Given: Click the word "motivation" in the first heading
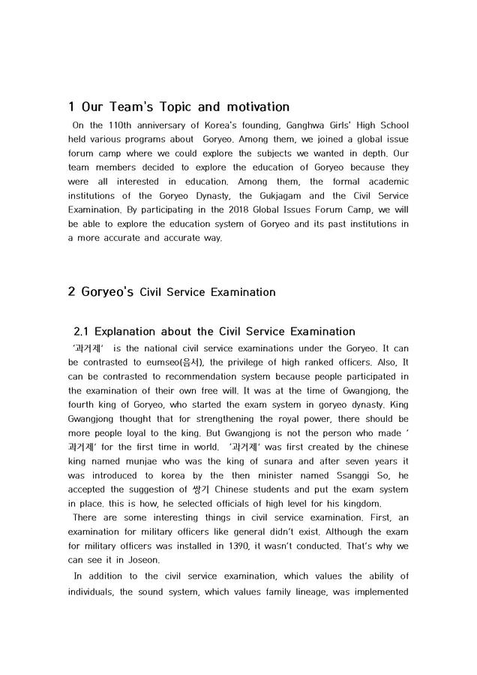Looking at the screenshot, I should (x=244, y=107).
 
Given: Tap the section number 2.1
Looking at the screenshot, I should (x=83, y=331).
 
